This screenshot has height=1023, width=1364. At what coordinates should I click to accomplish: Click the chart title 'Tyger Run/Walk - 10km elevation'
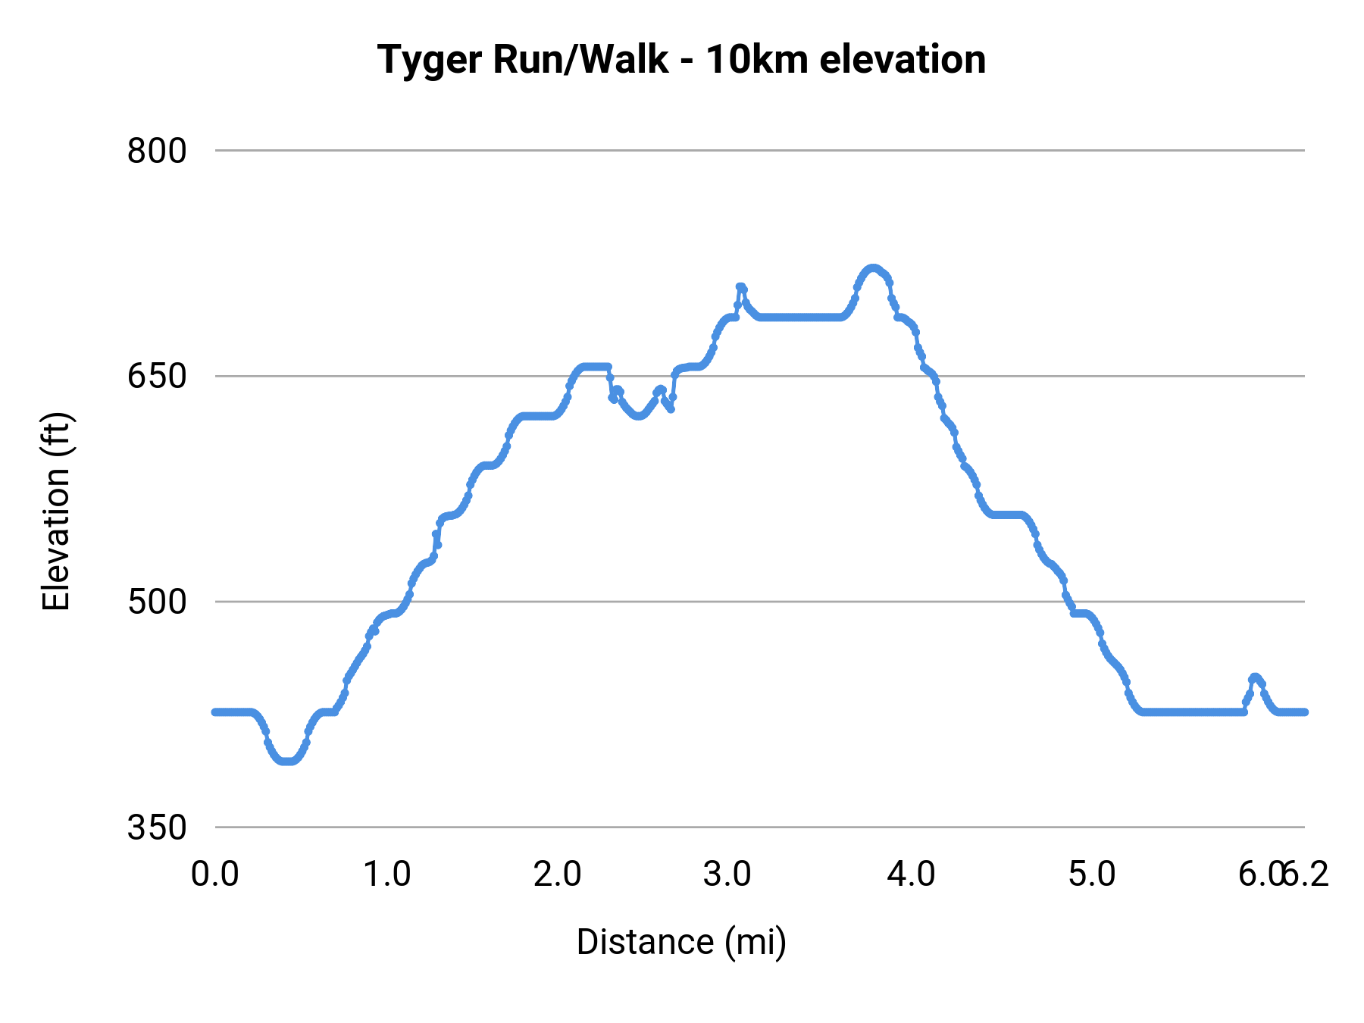[681, 59]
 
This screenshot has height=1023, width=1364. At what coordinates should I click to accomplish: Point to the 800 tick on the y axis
[157, 151]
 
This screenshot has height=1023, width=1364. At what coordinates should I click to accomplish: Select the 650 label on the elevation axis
[157, 376]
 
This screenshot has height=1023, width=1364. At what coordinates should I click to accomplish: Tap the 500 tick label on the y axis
[157, 602]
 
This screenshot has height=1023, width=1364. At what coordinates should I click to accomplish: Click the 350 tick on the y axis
[157, 827]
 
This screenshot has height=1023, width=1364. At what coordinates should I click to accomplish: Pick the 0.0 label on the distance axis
[215, 874]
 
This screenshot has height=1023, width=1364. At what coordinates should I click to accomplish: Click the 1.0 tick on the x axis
[386, 874]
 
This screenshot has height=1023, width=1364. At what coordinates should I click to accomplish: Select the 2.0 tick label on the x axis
[557, 874]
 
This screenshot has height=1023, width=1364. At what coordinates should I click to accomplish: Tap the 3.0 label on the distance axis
[727, 874]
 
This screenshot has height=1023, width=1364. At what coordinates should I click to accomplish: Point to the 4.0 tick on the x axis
[912, 874]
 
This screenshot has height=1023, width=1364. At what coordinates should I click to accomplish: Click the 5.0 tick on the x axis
[1092, 874]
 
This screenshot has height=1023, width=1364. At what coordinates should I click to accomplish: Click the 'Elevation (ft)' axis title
[56, 511]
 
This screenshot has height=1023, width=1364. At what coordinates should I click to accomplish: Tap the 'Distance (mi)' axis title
[681, 942]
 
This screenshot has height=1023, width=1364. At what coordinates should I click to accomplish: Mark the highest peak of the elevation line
[873, 267]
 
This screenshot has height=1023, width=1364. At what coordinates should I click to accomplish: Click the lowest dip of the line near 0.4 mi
[286, 762]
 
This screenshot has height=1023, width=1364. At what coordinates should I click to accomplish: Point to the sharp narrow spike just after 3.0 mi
[741, 287]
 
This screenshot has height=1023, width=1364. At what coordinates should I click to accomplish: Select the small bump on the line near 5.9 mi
[1255, 676]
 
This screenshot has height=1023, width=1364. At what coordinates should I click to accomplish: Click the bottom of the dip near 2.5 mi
[639, 416]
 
